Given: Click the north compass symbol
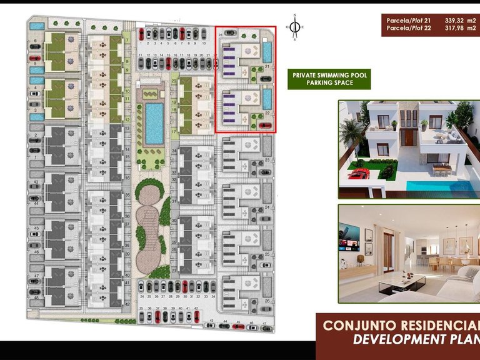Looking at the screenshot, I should coord(293,27).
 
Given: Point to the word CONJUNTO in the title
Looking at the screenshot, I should coord(354,326).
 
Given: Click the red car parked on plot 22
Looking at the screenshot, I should coord(265,126).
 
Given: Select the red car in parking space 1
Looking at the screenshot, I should coord(142,34).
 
